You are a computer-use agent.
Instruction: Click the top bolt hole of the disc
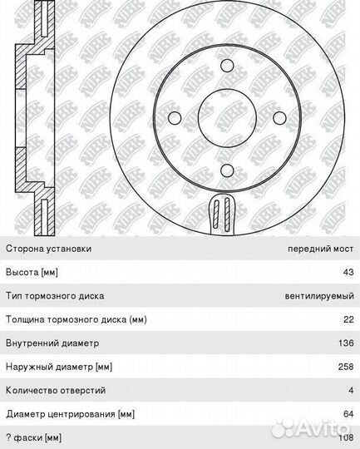pyautogui.click(x=228, y=66)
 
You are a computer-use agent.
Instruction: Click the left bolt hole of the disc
pyautogui.click(x=175, y=118)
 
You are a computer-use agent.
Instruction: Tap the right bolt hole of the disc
pyautogui.click(x=280, y=118)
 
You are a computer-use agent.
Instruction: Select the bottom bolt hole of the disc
pyautogui.click(x=228, y=170)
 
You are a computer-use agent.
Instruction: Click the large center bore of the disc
pyautogui.click(x=228, y=118)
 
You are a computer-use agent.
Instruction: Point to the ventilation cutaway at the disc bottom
pyautogui.click(x=223, y=214)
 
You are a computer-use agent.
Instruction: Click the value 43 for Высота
pyautogui.click(x=348, y=272)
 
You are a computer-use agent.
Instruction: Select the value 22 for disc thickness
pyautogui.click(x=348, y=319)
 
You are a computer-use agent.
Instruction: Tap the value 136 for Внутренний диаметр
pyautogui.click(x=346, y=343)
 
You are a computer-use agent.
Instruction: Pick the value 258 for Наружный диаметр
pyautogui.click(x=346, y=367)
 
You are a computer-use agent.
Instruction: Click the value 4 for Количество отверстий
pyautogui.click(x=351, y=390)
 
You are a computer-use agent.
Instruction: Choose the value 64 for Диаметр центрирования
pyautogui.click(x=348, y=414)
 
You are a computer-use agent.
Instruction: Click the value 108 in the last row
pyautogui.click(x=346, y=438)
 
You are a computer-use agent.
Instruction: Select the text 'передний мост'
pyautogui.click(x=321, y=249)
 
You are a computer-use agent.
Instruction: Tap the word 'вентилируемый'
pyautogui.click(x=319, y=296)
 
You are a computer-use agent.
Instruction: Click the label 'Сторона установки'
pyautogui.click(x=49, y=249)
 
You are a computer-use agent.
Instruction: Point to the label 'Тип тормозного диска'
pyautogui.click(x=55, y=296)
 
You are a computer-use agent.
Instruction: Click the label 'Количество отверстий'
pyautogui.click(x=56, y=390)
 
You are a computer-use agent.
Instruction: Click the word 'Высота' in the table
pyautogui.click(x=22, y=272)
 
